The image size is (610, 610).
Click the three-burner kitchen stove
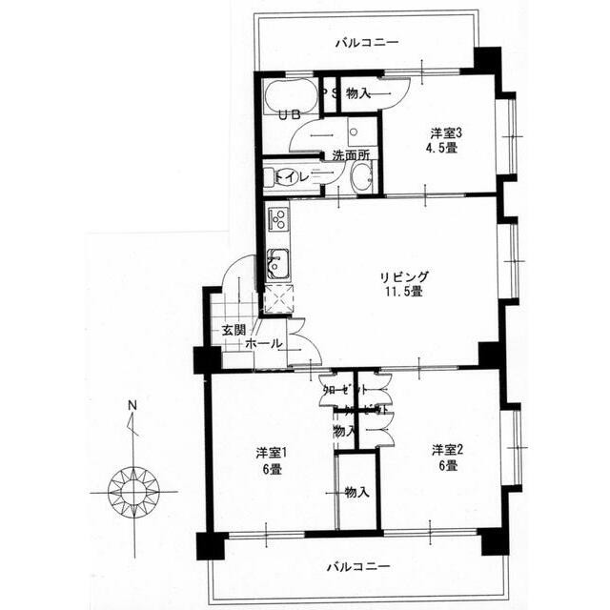[277, 218]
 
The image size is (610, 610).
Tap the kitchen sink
[276, 262]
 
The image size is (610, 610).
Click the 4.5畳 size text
[441, 149]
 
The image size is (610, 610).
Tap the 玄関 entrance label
[234, 330]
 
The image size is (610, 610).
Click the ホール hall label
[262, 343]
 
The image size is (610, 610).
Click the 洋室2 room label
[444, 450]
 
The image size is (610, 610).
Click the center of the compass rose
[132, 491]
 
